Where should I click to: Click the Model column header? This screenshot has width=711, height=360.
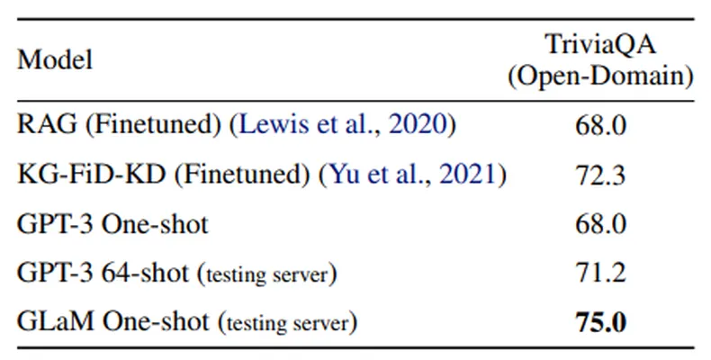click(x=55, y=60)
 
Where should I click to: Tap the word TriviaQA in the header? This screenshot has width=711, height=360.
click(x=600, y=44)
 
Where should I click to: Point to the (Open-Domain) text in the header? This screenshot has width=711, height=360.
click(x=600, y=76)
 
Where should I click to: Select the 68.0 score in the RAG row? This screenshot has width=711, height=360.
click(x=600, y=125)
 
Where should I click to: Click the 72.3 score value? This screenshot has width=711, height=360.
click(x=600, y=175)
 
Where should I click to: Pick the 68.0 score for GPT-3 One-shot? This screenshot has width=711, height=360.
click(x=600, y=224)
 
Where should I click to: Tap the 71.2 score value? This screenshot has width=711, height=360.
click(x=600, y=273)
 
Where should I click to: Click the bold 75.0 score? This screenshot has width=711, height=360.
click(x=600, y=322)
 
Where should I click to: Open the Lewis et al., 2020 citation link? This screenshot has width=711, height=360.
click(x=343, y=124)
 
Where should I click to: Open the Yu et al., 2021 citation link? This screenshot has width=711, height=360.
click(x=412, y=174)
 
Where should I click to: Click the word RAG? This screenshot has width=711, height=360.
click(x=47, y=124)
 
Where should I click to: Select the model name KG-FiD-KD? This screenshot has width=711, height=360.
click(x=91, y=174)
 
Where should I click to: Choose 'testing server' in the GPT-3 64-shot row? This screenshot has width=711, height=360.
click(x=267, y=274)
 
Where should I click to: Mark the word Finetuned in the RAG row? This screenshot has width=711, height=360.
click(x=153, y=124)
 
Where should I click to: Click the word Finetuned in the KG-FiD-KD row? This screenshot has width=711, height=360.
click(x=242, y=174)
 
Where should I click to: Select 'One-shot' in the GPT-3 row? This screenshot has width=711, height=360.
click(x=155, y=223)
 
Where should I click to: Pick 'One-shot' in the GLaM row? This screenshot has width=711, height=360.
click(x=156, y=321)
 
